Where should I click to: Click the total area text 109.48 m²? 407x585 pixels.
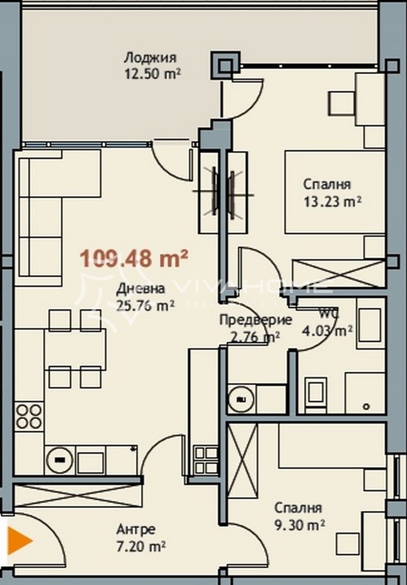point(134,258)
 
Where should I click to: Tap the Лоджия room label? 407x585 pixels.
point(150,58)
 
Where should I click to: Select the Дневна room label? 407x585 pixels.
point(140,289)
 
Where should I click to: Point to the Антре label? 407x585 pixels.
point(136,529)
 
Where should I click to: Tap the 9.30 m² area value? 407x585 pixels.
point(299,524)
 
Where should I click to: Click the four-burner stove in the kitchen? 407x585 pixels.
point(29,416)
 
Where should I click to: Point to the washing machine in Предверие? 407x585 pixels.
point(240,400)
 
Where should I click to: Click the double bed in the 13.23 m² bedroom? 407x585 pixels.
point(334,192)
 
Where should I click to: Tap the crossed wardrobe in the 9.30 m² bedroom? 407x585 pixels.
point(242,460)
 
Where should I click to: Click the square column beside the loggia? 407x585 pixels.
point(225,65)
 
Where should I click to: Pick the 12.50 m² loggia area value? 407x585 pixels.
point(152,74)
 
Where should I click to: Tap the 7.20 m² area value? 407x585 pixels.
point(141,545)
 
